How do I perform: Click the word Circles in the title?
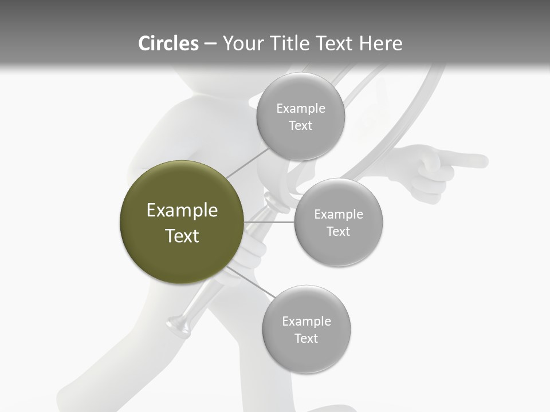point(168,43)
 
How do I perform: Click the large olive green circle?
point(182,222)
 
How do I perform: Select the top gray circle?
point(300,116)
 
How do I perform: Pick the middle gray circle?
point(339,222)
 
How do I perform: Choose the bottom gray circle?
point(306,329)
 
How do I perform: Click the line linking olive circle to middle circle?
point(269,222)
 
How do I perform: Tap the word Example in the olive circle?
point(182,211)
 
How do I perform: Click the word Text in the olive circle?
point(182,236)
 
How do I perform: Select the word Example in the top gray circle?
point(301,109)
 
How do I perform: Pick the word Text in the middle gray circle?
point(338,232)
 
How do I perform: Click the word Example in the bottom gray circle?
point(307,322)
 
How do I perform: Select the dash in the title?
point(210,44)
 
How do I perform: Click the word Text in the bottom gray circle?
point(306,339)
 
